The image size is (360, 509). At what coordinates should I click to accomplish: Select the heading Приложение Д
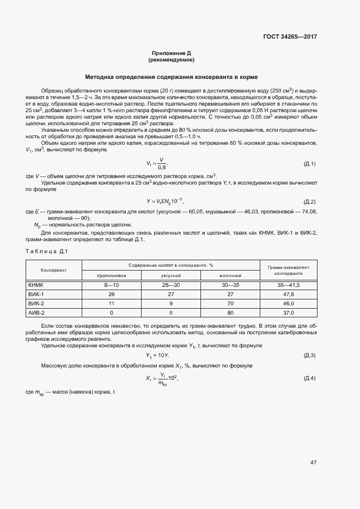pyautogui.click(x=172, y=53)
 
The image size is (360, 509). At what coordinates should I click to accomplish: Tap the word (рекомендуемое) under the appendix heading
pyautogui.click(x=172, y=59)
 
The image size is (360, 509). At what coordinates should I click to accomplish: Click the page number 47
pyautogui.click(x=313, y=463)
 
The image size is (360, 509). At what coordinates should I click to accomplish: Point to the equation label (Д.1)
pyautogui.click(x=309, y=164)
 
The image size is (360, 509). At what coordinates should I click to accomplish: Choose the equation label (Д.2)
pyautogui.click(x=309, y=201)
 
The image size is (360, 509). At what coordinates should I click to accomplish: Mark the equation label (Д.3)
pyautogui.click(x=309, y=355)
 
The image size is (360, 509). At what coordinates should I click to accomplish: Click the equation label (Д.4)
pyautogui.click(x=309, y=378)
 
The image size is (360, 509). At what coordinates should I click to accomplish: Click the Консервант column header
pyautogui.click(x=53, y=270)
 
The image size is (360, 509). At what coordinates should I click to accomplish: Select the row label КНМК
pyautogui.click(x=36, y=285)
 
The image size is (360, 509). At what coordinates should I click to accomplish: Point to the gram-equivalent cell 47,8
pyautogui.click(x=289, y=294)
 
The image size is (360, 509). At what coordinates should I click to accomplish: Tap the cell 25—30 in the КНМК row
pyautogui.click(x=171, y=285)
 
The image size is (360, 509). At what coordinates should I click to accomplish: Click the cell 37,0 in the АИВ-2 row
pyautogui.click(x=289, y=312)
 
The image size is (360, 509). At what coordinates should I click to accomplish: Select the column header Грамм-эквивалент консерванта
pyautogui.click(x=289, y=270)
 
